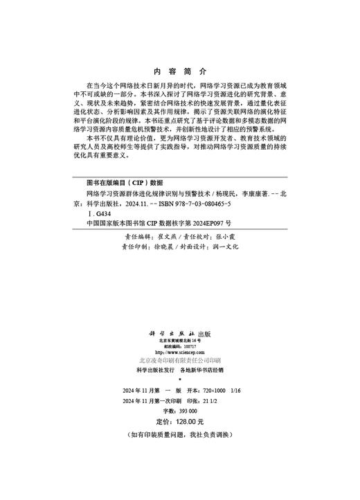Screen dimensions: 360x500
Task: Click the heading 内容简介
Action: [x=179, y=71]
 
